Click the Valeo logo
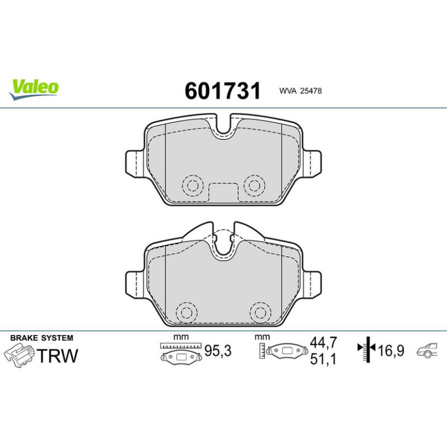(x=34, y=89)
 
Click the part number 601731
(x=223, y=91)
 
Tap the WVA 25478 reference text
(x=301, y=91)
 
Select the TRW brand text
(x=57, y=355)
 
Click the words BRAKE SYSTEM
(x=42, y=338)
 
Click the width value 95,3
(x=218, y=351)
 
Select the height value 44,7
(x=323, y=342)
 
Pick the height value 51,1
(x=323, y=359)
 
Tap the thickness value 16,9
(x=391, y=351)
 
